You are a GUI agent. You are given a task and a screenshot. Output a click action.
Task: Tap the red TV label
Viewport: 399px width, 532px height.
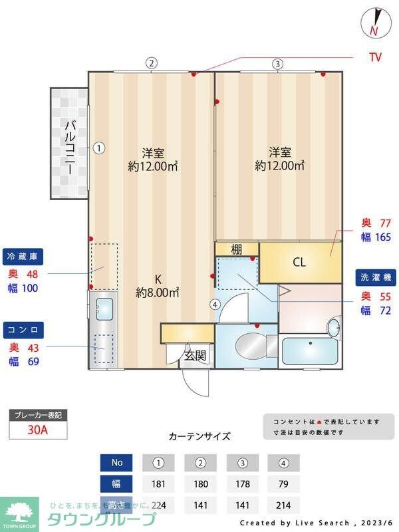coord(376,57)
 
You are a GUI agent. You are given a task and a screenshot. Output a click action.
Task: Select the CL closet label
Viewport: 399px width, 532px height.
coord(299,262)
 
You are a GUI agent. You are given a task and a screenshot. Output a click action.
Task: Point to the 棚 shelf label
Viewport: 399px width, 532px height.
coord(236,249)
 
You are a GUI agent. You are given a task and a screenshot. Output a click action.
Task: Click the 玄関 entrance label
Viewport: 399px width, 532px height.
coord(196,356)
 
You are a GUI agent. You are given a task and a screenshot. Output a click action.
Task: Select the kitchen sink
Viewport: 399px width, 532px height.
coord(104,309)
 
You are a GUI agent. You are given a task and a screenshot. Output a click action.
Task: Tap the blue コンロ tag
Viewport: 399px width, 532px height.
coord(25,330)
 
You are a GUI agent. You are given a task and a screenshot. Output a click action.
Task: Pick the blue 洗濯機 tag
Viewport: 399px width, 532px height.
coord(374,277)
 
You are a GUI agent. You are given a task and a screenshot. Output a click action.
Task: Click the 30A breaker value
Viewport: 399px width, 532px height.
coord(38,430)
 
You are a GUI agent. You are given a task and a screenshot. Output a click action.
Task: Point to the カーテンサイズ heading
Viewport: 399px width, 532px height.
coord(199,437)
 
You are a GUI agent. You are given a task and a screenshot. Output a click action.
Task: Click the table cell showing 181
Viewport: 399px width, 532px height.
coord(158,483)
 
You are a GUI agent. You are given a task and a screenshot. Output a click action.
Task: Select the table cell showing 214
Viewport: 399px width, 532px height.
coord(283,505)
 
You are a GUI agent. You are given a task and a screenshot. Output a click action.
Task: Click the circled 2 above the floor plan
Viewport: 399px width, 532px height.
coord(152,64)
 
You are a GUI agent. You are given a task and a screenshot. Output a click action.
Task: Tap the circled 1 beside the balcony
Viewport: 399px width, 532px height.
coord(98,148)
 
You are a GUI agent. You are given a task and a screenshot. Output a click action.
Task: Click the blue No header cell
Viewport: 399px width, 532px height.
coord(117,462)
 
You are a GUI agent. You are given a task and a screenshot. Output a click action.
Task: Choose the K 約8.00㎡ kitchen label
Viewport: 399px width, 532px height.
coord(158,285)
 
